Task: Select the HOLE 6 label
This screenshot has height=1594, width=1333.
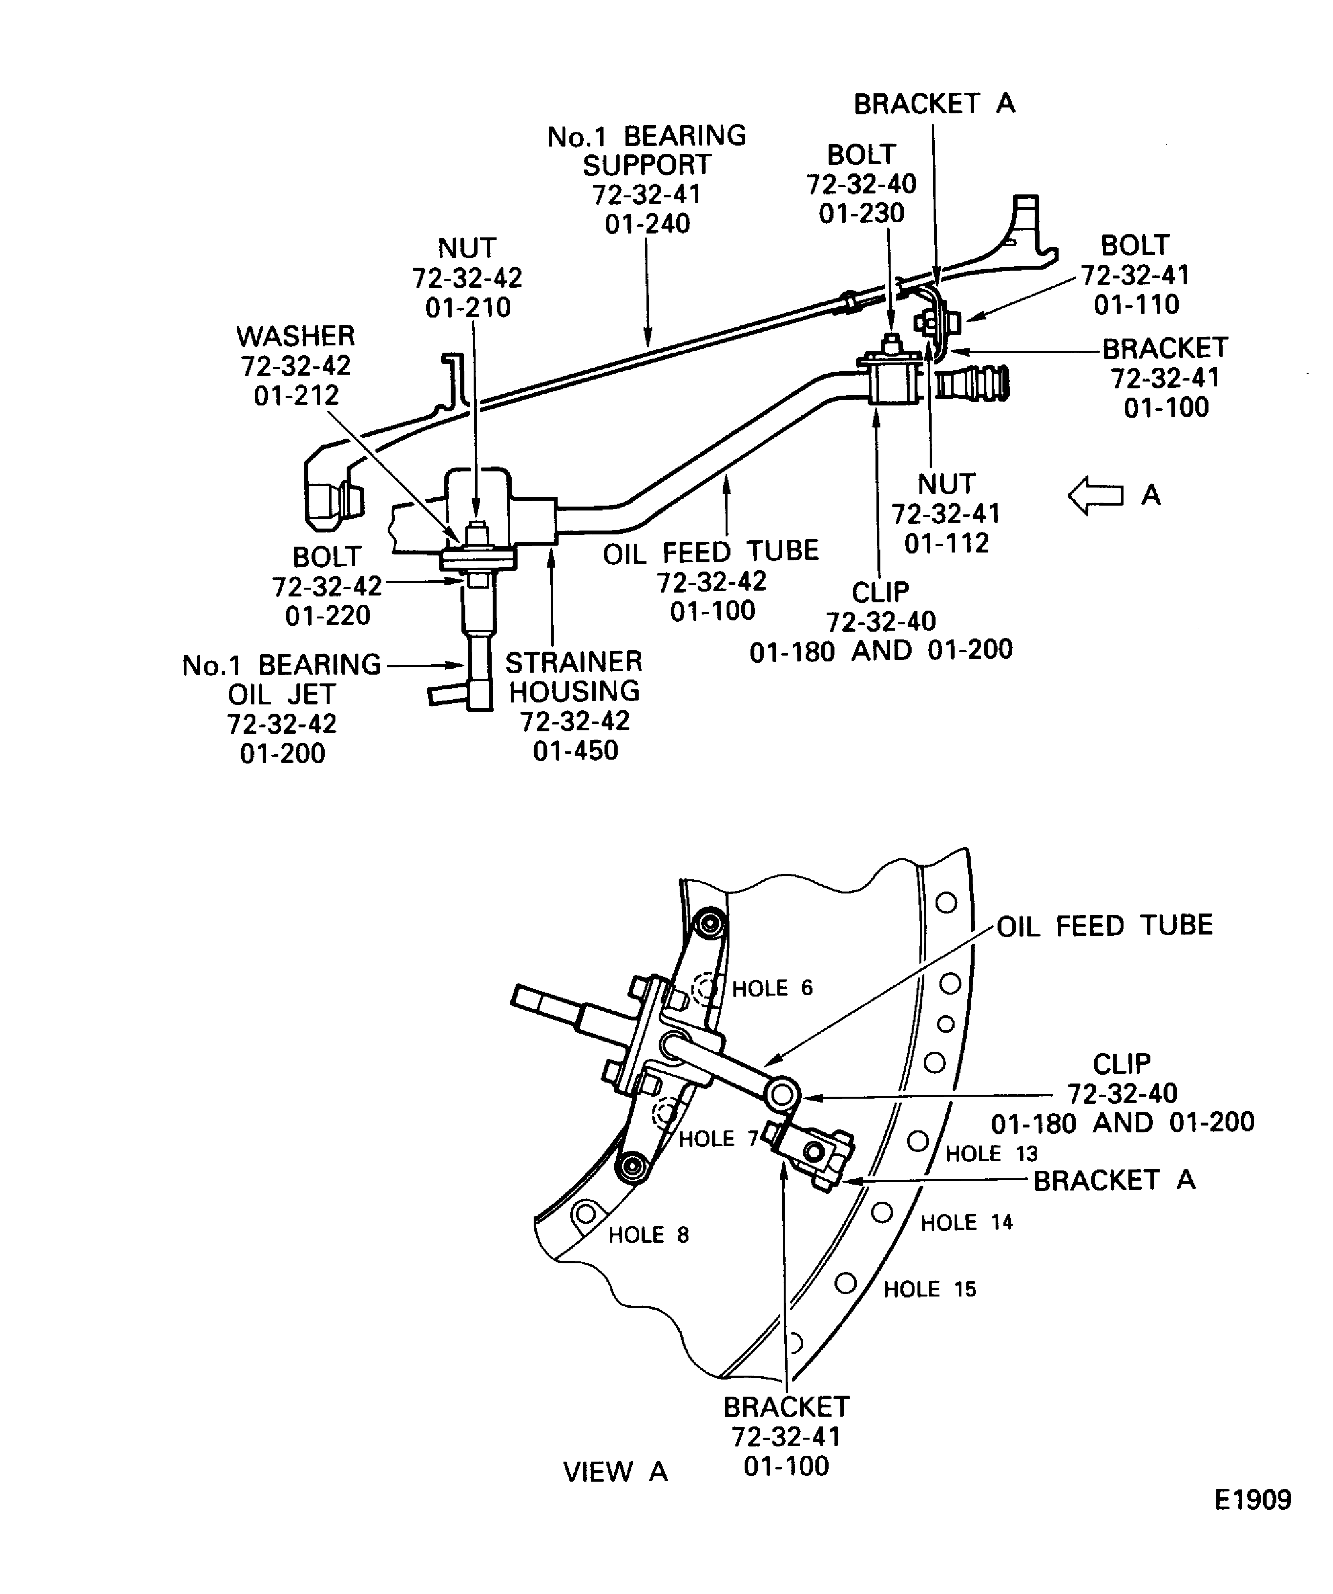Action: point(771,988)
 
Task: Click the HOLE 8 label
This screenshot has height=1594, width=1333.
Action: point(648,1235)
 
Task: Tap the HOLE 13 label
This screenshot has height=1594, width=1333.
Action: point(991,1154)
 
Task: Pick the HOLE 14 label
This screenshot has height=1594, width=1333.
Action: point(967,1223)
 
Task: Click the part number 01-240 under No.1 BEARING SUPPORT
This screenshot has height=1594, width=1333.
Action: point(647,224)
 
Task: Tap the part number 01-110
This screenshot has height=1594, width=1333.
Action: point(1136,304)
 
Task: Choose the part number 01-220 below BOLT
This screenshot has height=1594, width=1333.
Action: point(327,616)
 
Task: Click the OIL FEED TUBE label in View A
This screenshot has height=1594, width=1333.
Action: point(1104,925)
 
